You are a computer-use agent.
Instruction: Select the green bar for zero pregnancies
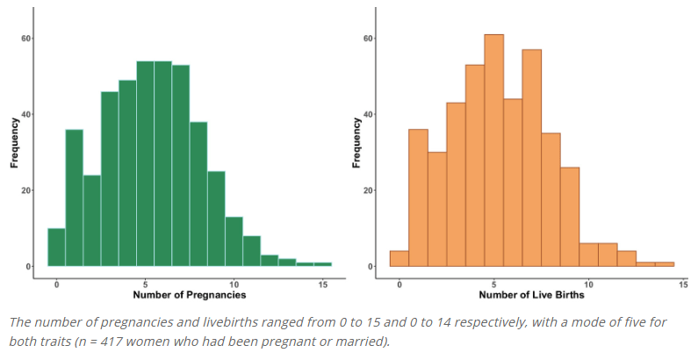[56, 247]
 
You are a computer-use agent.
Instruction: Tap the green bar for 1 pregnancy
[74, 198]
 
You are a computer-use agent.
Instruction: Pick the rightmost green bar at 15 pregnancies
[322, 263]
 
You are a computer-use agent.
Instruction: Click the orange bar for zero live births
[399, 258]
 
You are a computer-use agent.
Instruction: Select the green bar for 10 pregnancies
[234, 241]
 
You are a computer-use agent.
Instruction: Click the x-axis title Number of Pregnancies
[190, 296]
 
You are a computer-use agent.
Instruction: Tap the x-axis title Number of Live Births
[532, 296]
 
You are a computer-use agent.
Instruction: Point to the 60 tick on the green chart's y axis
[27, 39]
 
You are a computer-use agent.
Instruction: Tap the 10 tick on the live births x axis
[589, 284]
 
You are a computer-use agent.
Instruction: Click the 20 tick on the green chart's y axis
[27, 190]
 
